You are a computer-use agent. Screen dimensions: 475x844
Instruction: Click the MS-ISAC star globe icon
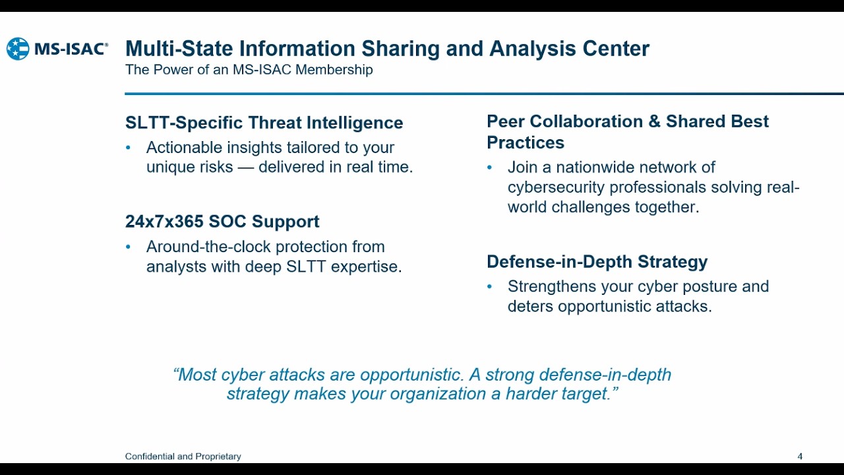18,49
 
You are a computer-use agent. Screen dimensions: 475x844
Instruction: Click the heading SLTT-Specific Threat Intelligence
264,123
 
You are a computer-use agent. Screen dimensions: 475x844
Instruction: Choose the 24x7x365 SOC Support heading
222,222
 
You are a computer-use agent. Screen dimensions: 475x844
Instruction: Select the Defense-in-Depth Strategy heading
597,262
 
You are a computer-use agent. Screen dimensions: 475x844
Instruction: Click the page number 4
800,457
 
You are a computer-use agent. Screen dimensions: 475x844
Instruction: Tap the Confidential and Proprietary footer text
183,457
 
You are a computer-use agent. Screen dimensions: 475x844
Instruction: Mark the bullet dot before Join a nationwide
490,168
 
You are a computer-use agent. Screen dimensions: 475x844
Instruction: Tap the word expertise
371,267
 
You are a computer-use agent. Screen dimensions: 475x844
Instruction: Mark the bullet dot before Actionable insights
129,148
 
